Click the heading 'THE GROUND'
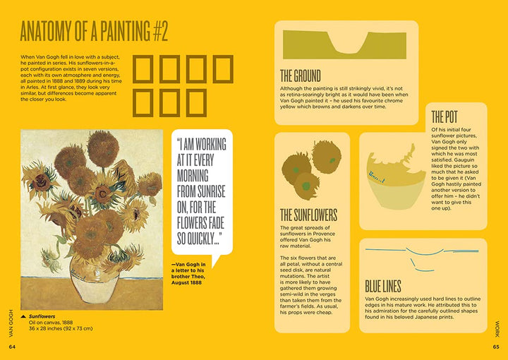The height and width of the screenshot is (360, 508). (301, 76)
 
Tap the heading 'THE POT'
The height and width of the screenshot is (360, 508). (445, 116)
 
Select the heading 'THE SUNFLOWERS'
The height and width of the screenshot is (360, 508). (309, 215)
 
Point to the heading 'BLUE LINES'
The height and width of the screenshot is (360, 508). (383, 287)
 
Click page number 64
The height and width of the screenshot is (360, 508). (12, 347)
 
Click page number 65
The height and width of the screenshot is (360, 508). (496, 347)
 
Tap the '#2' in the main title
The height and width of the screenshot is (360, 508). (159, 32)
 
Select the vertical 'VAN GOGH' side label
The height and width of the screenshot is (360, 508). (12, 323)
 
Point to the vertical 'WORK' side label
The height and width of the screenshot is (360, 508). (497, 329)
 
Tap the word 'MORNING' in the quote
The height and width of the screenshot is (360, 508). (193, 176)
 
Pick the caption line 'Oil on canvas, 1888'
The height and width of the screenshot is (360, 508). (51, 323)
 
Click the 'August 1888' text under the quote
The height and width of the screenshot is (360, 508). (186, 282)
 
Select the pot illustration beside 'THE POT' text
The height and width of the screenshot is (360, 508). (396, 176)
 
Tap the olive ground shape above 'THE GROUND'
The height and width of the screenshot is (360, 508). (344, 44)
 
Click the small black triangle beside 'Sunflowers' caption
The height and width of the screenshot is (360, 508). (23, 316)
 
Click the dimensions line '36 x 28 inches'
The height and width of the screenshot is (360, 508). (61, 328)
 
